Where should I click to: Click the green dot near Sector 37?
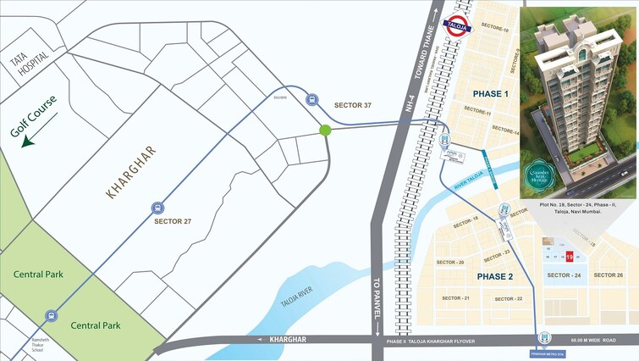click(x=325, y=130)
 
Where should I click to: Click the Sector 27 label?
click(x=174, y=221)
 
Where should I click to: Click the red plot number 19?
click(x=570, y=256)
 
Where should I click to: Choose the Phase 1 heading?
click(x=490, y=94)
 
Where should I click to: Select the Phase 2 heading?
click(x=495, y=277)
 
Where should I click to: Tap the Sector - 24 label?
click(x=564, y=275)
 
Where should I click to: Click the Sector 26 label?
click(x=609, y=275)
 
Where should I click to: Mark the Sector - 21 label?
click(x=455, y=298)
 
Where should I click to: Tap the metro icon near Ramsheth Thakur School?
click(x=52, y=314)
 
